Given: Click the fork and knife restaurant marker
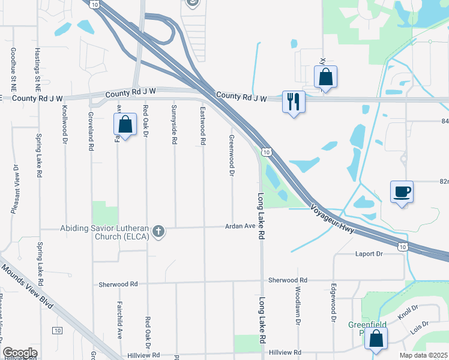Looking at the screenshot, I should (x=294, y=101).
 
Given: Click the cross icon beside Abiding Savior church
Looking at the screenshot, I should (x=158, y=231).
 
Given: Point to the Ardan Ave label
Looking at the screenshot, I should (x=240, y=226).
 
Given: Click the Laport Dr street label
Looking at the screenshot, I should (x=369, y=254).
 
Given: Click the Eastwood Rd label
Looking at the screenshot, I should (x=203, y=126).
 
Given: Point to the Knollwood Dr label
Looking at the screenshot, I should (x=64, y=125).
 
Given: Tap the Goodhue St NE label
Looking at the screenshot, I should (x=13, y=67).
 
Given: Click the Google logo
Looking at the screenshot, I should (x=20, y=353).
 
